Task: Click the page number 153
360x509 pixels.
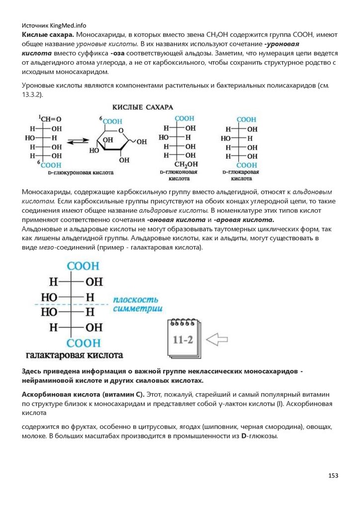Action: coord(333,476)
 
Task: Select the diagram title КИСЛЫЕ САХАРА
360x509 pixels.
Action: coord(142,107)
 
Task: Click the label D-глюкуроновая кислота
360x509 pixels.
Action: coord(81,173)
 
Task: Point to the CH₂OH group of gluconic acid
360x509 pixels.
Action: coord(185,165)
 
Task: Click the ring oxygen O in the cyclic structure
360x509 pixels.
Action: coord(121,131)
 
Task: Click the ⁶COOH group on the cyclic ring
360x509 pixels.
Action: coord(110,120)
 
